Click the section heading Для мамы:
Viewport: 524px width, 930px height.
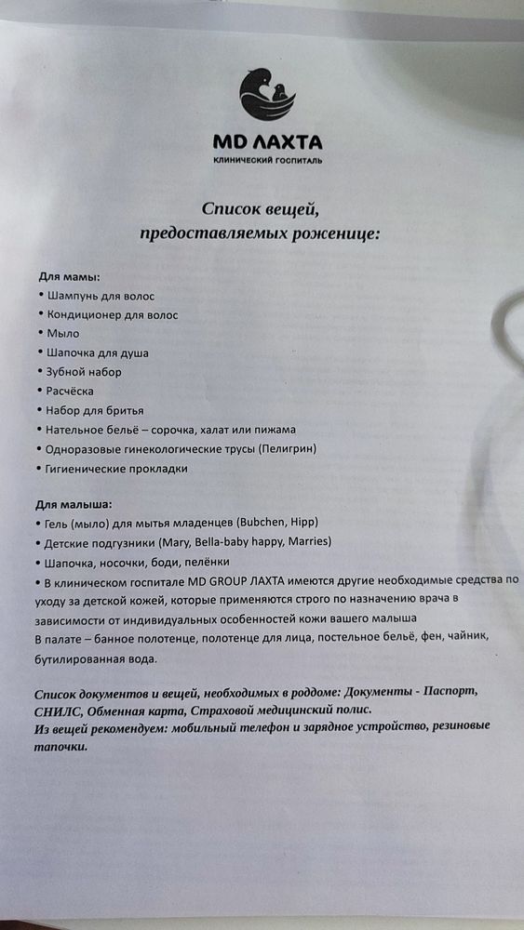click(x=69, y=277)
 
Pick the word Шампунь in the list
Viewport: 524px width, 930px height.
click(x=76, y=296)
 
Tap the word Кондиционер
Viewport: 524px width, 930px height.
click(x=88, y=314)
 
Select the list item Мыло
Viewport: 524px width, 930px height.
click(x=62, y=333)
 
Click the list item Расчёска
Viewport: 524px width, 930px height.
click(x=70, y=391)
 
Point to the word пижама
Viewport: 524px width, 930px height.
click(x=275, y=430)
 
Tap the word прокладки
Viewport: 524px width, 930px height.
click(x=154, y=469)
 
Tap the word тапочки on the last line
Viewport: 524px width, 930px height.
click(x=60, y=745)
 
